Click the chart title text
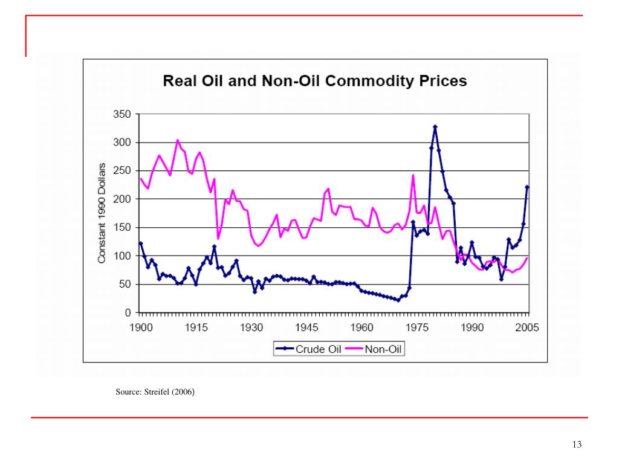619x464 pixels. pyautogui.click(x=315, y=81)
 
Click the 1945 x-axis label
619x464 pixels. pyautogui.click(x=306, y=327)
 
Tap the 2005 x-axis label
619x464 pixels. pyautogui.click(x=527, y=327)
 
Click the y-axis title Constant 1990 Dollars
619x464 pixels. pyautogui.click(x=102, y=213)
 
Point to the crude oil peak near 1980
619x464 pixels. pyautogui.click(x=435, y=127)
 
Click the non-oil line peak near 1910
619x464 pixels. pyautogui.click(x=177, y=140)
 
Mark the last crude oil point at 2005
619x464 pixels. pyautogui.click(x=527, y=187)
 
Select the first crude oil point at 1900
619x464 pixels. pyautogui.click(x=140, y=243)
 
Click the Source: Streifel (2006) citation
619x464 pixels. pyautogui.click(x=155, y=392)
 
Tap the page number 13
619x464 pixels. pyautogui.click(x=577, y=445)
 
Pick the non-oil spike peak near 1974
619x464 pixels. pyautogui.click(x=413, y=175)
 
